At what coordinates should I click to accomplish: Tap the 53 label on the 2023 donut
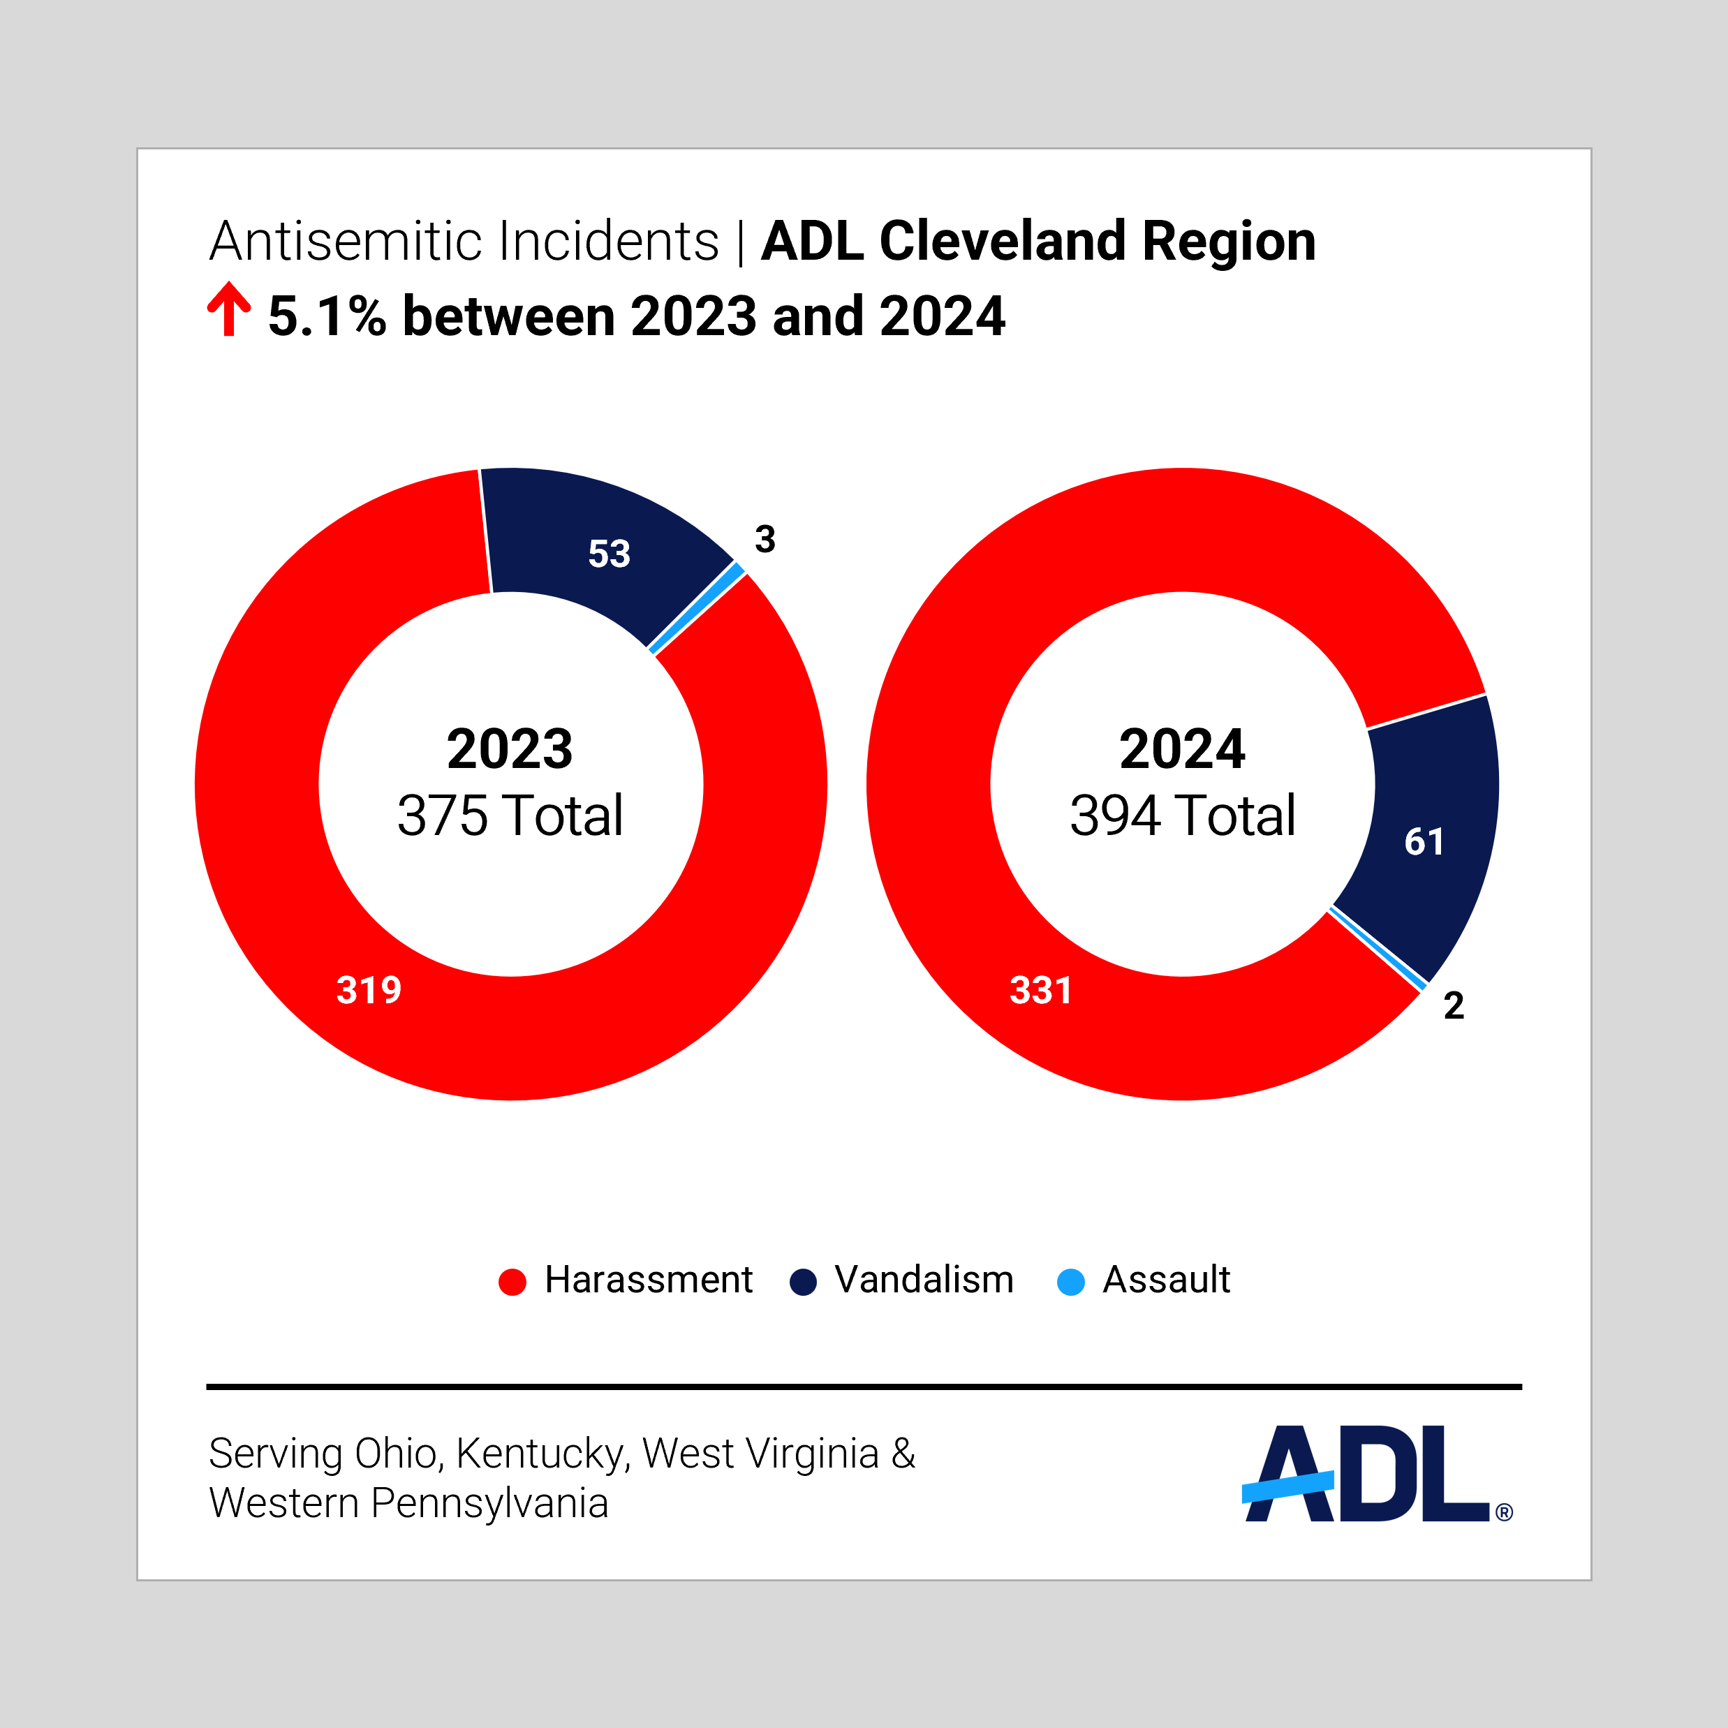(x=609, y=554)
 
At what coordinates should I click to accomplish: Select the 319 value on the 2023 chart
(x=369, y=990)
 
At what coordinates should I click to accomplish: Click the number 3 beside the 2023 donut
(x=765, y=539)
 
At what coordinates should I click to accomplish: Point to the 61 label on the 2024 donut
(x=1424, y=841)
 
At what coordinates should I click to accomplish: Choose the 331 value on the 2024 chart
(x=1040, y=990)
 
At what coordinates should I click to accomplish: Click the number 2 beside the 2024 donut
(x=1454, y=1005)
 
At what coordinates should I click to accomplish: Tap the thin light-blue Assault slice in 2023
(x=697, y=607)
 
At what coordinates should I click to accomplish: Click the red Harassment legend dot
(x=512, y=1282)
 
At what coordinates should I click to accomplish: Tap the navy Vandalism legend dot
(x=803, y=1282)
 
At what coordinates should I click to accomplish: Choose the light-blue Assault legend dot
(x=1070, y=1282)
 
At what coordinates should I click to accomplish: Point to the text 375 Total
(x=510, y=815)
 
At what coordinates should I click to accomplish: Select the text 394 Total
(x=1183, y=815)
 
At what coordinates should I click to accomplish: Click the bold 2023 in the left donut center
(x=510, y=750)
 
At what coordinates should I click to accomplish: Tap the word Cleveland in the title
(x=1003, y=242)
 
